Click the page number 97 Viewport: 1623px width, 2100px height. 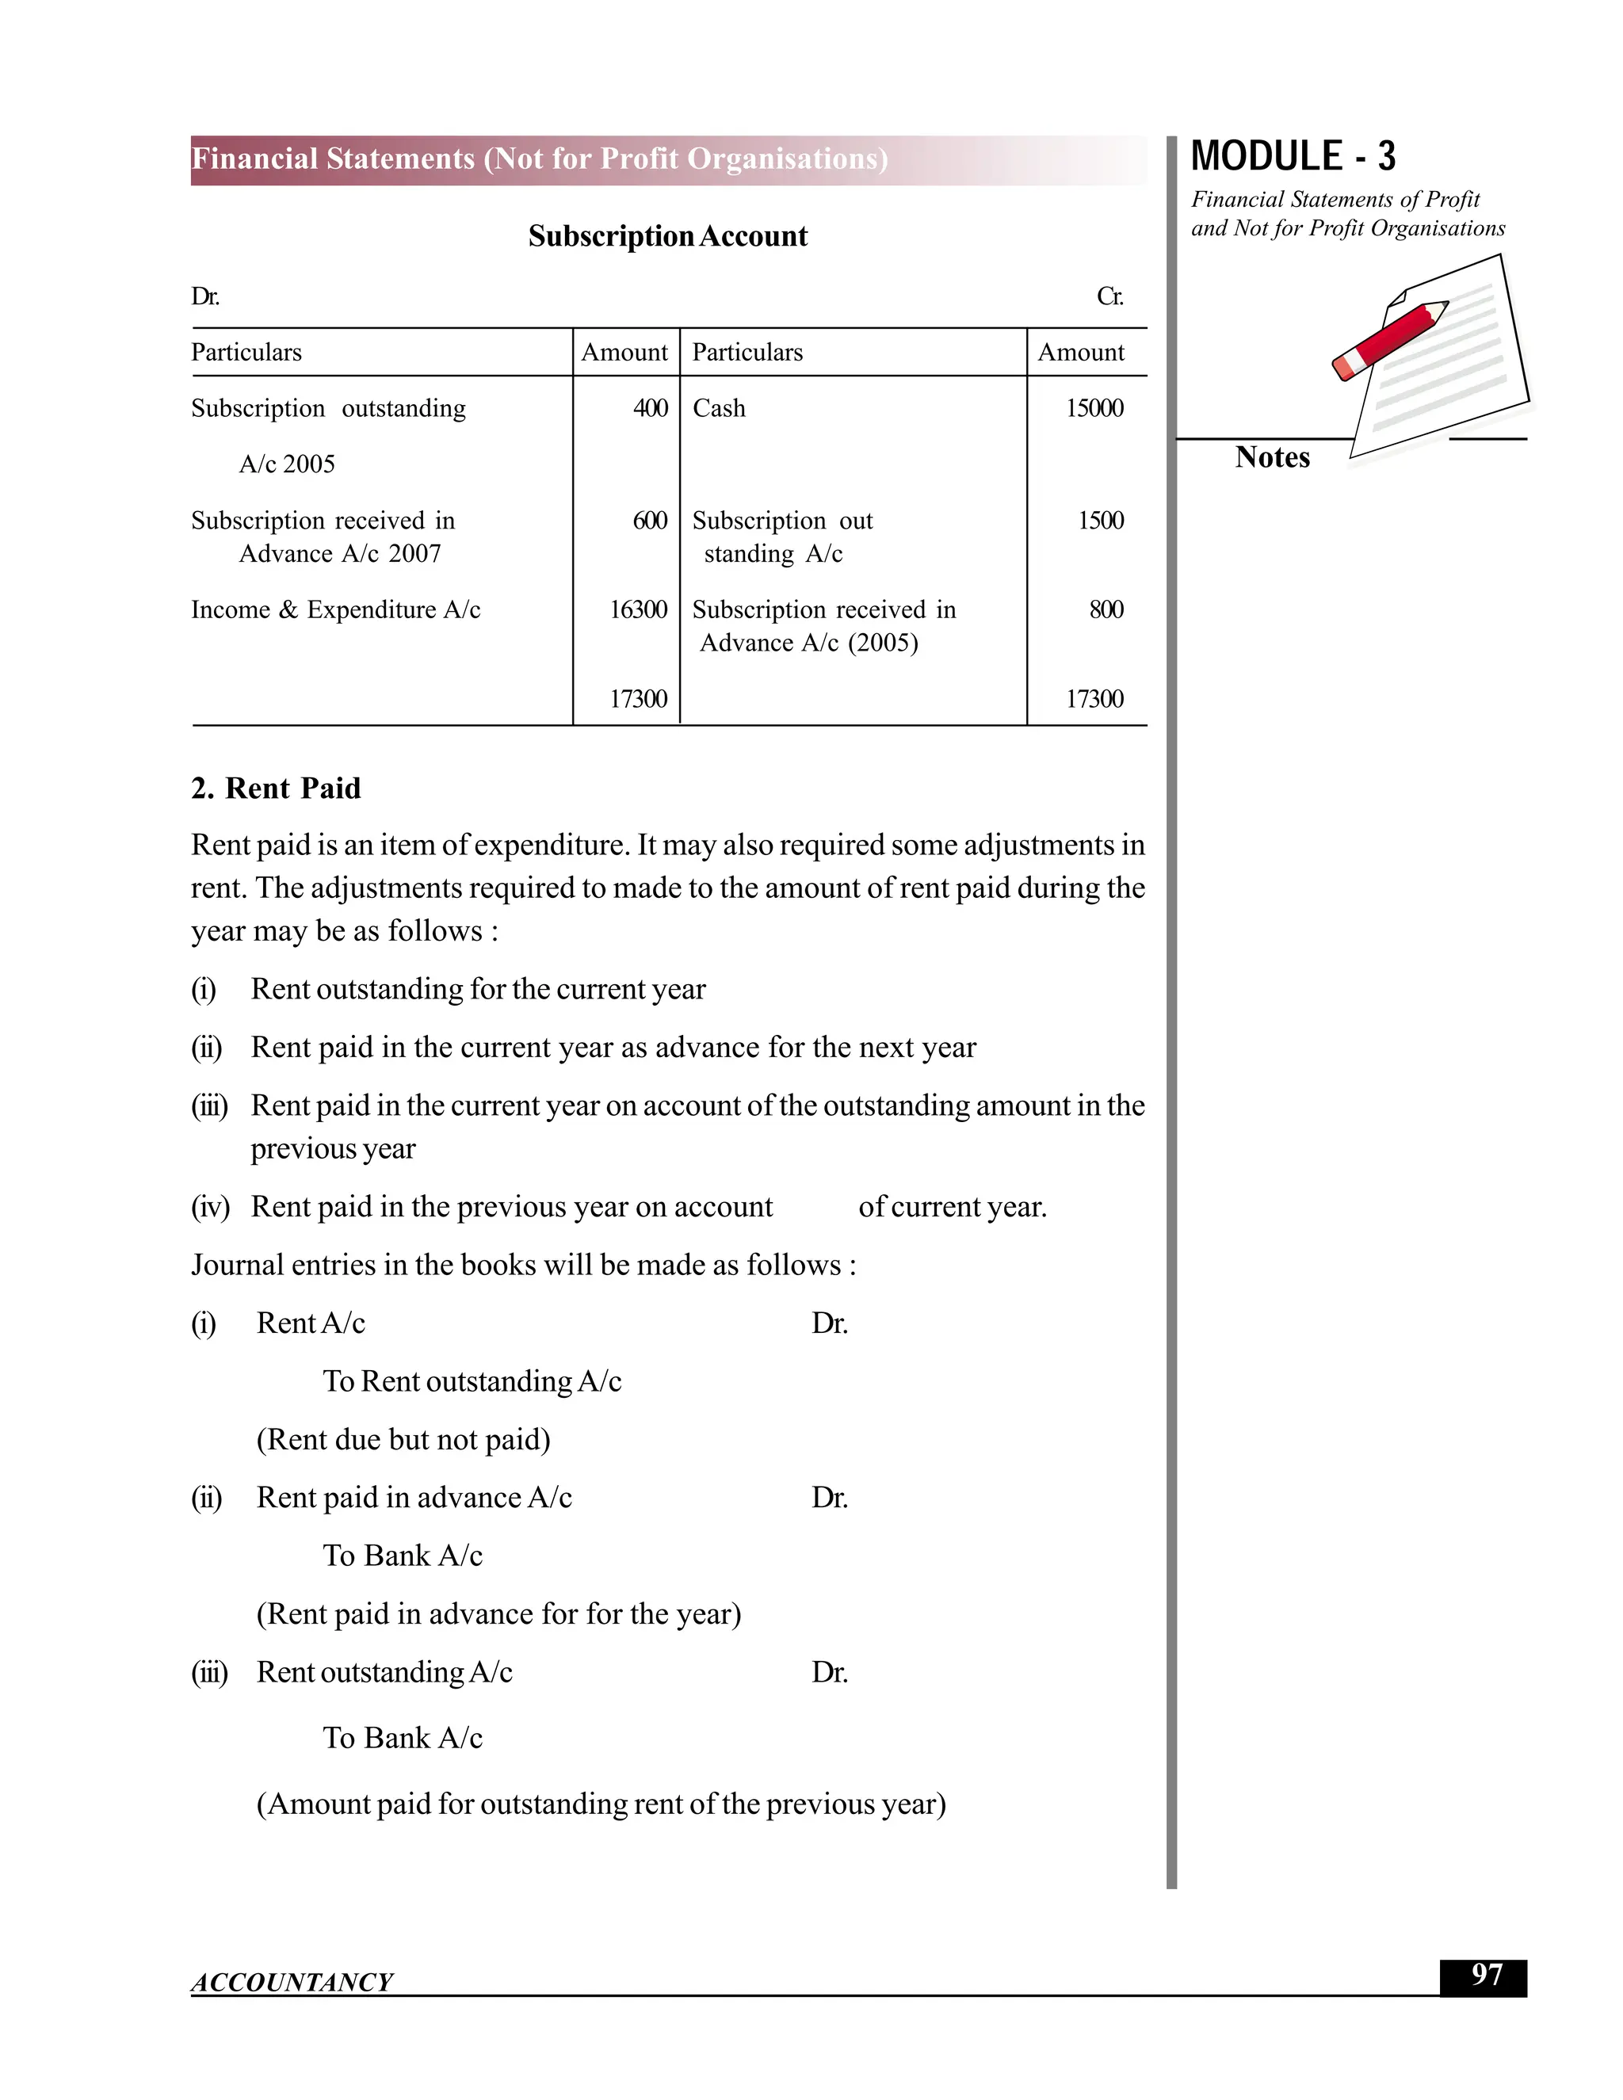pos(1486,1975)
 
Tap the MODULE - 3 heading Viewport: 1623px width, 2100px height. pos(1293,157)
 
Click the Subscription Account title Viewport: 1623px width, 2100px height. pos(667,236)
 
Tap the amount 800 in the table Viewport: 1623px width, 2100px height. pos(1106,609)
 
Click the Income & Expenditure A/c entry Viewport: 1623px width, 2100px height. pos(335,609)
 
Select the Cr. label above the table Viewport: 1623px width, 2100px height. pos(1109,296)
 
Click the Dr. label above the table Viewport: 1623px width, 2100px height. pos(204,296)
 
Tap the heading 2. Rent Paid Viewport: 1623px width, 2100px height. pos(276,788)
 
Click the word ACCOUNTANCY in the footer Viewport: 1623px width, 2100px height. pos(292,1982)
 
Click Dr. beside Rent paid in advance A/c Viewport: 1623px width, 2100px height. pos(829,1497)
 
